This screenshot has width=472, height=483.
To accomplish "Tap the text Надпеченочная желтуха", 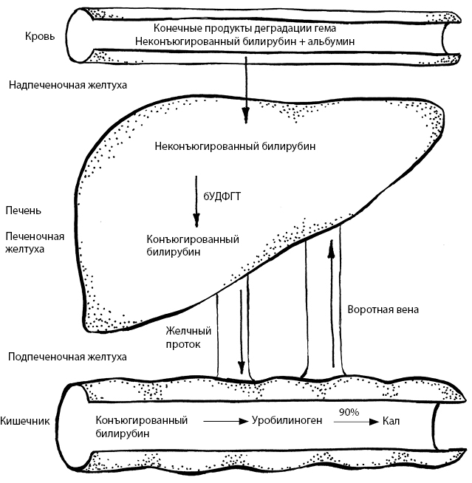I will (x=67, y=85).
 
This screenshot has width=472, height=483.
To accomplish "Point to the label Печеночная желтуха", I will (x=35, y=243).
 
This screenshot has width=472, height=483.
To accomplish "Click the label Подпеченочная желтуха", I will (x=66, y=357).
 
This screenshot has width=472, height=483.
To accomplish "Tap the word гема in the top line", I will (x=335, y=29).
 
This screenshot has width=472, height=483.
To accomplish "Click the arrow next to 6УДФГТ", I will (x=196, y=201).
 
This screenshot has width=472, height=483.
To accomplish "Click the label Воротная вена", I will (x=383, y=310).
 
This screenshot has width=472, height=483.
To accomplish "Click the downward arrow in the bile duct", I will (x=241, y=332).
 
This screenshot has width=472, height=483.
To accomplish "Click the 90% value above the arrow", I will (x=349, y=411).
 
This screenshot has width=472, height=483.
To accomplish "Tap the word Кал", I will (x=391, y=422).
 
